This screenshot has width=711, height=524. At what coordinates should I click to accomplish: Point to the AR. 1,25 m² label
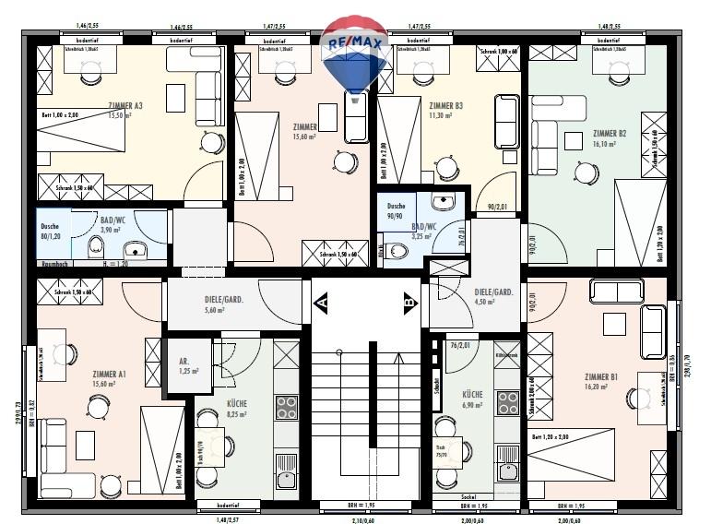[184, 364]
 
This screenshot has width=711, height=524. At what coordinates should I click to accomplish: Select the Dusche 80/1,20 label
[51, 231]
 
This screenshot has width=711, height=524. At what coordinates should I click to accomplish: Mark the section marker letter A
[322, 301]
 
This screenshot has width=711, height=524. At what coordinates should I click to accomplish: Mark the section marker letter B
[409, 301]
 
